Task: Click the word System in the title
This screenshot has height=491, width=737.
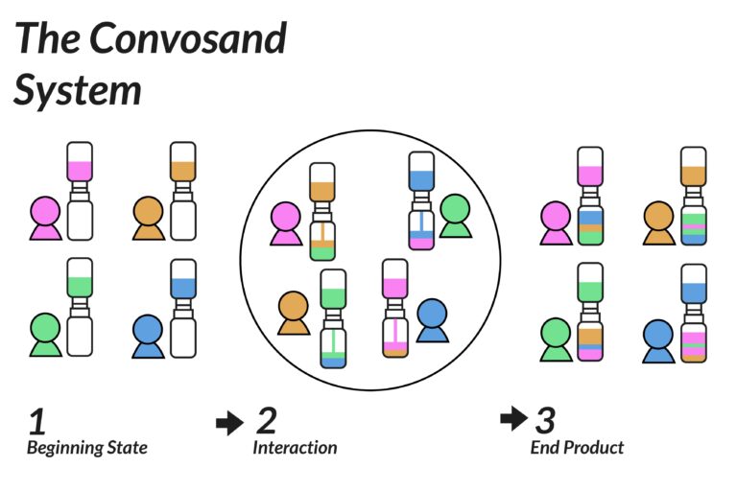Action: [78, 90]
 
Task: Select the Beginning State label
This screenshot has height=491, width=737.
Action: [86, 448]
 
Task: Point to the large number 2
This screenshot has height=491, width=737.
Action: [266, 420]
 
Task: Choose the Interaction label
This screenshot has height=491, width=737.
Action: [295, 448]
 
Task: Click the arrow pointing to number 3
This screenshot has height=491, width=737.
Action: [513, 418]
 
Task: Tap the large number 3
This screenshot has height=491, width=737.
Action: [544, 420]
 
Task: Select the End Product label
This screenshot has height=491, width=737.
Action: [577, 448]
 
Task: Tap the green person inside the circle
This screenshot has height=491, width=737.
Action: [454, 216]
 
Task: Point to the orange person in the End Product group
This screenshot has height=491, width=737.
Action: [658, 222]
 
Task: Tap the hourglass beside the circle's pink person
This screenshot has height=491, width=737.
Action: [321, 212]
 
